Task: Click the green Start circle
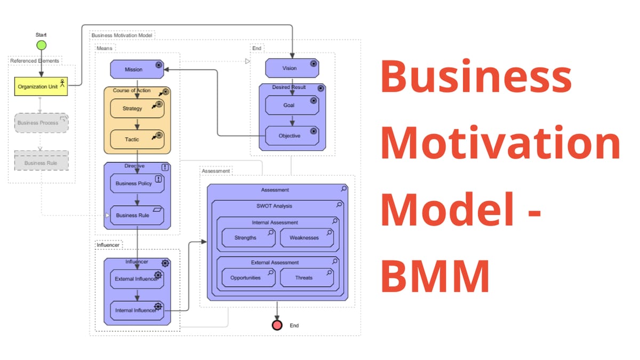pos(41,45)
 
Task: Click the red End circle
pos(277,325)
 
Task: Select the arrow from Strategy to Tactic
pos(137,124)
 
